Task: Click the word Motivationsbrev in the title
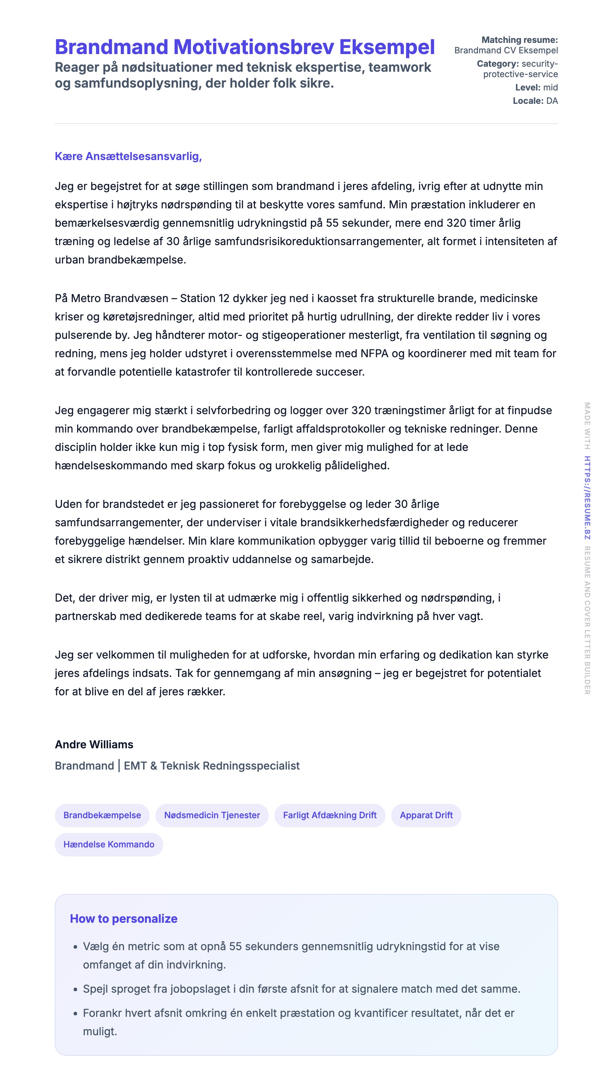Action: (253, 47)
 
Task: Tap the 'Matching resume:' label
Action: (520, 40)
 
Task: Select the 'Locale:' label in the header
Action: (528, 101)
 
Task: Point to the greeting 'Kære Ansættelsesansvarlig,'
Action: (128, 156)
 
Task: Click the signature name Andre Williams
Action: (94, 744)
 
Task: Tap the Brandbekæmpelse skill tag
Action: (102, 815)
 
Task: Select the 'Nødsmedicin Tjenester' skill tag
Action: (212, 815)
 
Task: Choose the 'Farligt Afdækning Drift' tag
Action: (330, 815)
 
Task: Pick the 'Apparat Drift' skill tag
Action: (426, 815)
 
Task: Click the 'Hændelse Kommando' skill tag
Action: (109, 844)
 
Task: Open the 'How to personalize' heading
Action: (124, 919)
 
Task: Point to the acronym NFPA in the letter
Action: (374, 353)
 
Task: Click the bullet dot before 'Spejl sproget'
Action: (75, 989)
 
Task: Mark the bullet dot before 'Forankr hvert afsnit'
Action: (75, 1014)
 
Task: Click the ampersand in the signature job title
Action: (153, 766)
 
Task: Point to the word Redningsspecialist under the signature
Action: (251, 766)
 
